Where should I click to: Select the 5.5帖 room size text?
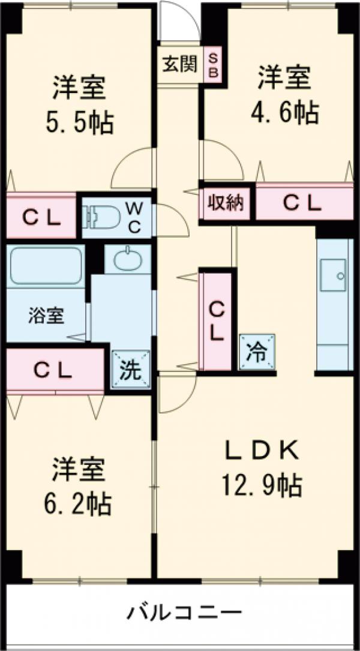(x=79, y=123)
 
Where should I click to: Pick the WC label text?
(x=135, y=217)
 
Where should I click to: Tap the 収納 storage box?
(x=226, y=203)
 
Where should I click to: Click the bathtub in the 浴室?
(x=45, y=265)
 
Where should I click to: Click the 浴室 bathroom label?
(x=46, y=316)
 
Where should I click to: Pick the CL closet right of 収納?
(x=303, y=203)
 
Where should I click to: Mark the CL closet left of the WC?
(x=42, y=217)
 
